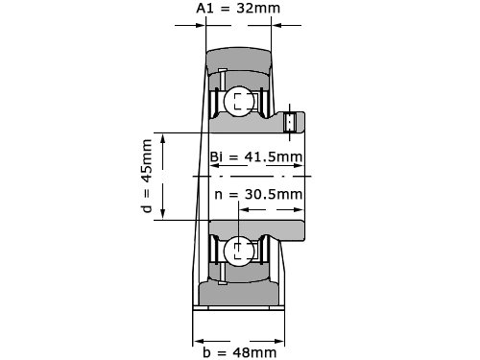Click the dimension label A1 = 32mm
pos(238,9)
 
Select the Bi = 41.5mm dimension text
pos(256,156)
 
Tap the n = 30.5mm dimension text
pos(258,194)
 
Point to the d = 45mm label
pos(146,176)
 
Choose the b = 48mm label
pos(240,352)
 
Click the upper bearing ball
pos(239,102)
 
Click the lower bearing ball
pos(239,252)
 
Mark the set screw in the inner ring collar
pos(290,122)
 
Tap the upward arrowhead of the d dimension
pos(163,139)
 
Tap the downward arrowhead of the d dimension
pos(163,214)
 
